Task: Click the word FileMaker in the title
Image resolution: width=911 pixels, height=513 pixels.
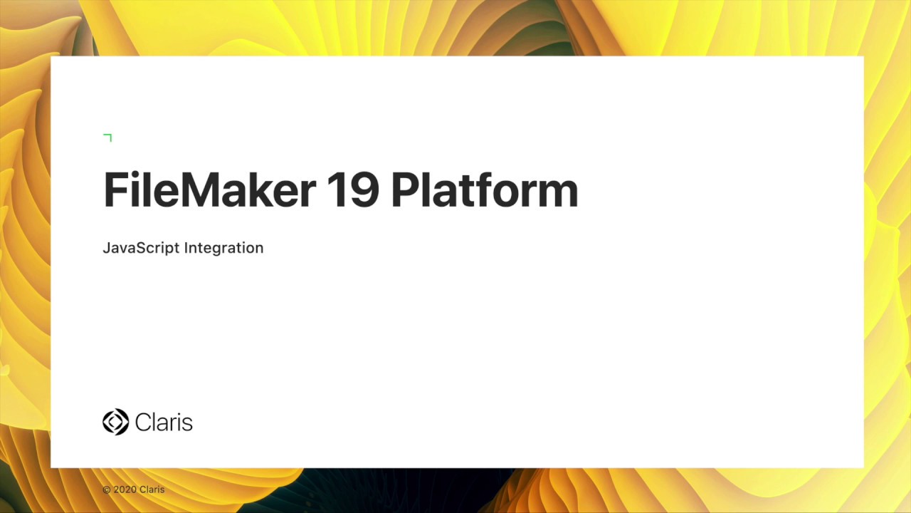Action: (x=209, y=190)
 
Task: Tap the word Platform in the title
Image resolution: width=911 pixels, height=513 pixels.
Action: (x=484, y=190)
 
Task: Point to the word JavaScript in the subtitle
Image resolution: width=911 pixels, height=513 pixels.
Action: (x=141, y=248)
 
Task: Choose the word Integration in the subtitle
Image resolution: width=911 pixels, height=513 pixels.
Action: (x=223, y=248)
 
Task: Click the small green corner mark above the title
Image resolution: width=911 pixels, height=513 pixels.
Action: (x=108, y=137)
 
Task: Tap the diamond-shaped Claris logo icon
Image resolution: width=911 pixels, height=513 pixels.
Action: (x=115, y=422)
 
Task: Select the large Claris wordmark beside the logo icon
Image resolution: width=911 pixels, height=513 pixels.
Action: (x=164, y=422)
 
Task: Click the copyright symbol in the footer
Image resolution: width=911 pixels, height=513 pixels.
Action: (x=107, y=490)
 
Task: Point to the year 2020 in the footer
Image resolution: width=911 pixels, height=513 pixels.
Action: (x=125, y=490)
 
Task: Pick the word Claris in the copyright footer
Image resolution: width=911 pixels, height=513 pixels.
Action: (x=152, y=490)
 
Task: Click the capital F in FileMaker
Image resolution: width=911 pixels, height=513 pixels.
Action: (x=115, y=190)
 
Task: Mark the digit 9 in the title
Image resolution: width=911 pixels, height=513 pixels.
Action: (x=364, y=190)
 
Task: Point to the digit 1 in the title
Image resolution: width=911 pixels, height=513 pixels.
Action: (x=336, y=190)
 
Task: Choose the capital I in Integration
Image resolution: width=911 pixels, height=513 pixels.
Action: (x=186, y=248)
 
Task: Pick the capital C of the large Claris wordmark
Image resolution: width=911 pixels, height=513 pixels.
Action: (x=142, y=422)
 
